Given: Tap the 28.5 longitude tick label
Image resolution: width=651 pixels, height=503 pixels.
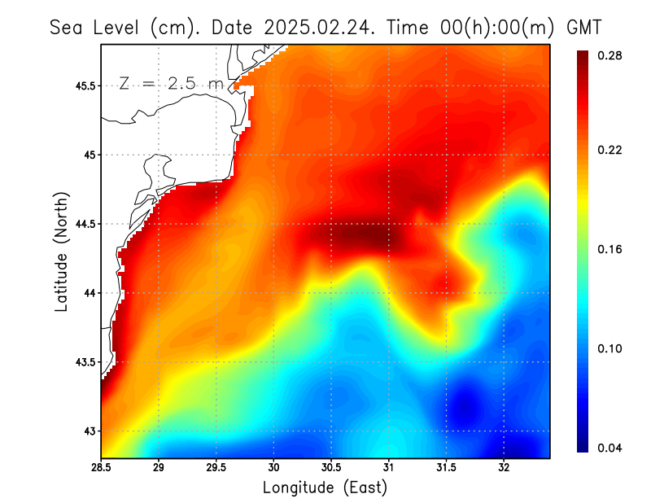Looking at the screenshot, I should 101,467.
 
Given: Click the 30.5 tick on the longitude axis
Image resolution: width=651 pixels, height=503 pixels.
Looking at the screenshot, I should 331,467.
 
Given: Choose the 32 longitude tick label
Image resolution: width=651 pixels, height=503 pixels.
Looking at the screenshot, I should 504,467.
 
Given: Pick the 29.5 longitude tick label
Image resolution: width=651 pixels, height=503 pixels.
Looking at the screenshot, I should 216,467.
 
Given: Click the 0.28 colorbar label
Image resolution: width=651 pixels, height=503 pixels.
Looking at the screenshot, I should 609,55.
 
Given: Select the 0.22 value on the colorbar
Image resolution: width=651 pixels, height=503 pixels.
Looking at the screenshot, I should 609,150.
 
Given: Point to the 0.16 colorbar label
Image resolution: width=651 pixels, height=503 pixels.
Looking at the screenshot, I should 609,249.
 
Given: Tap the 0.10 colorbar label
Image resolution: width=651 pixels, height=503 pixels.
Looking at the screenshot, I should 609,348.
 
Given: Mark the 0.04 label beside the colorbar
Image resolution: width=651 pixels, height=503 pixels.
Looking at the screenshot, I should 609,448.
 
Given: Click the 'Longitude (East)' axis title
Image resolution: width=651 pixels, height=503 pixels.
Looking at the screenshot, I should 325,487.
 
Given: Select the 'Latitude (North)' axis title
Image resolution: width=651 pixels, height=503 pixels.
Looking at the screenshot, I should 62,251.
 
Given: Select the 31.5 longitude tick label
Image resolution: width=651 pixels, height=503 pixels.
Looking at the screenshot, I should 446,467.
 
